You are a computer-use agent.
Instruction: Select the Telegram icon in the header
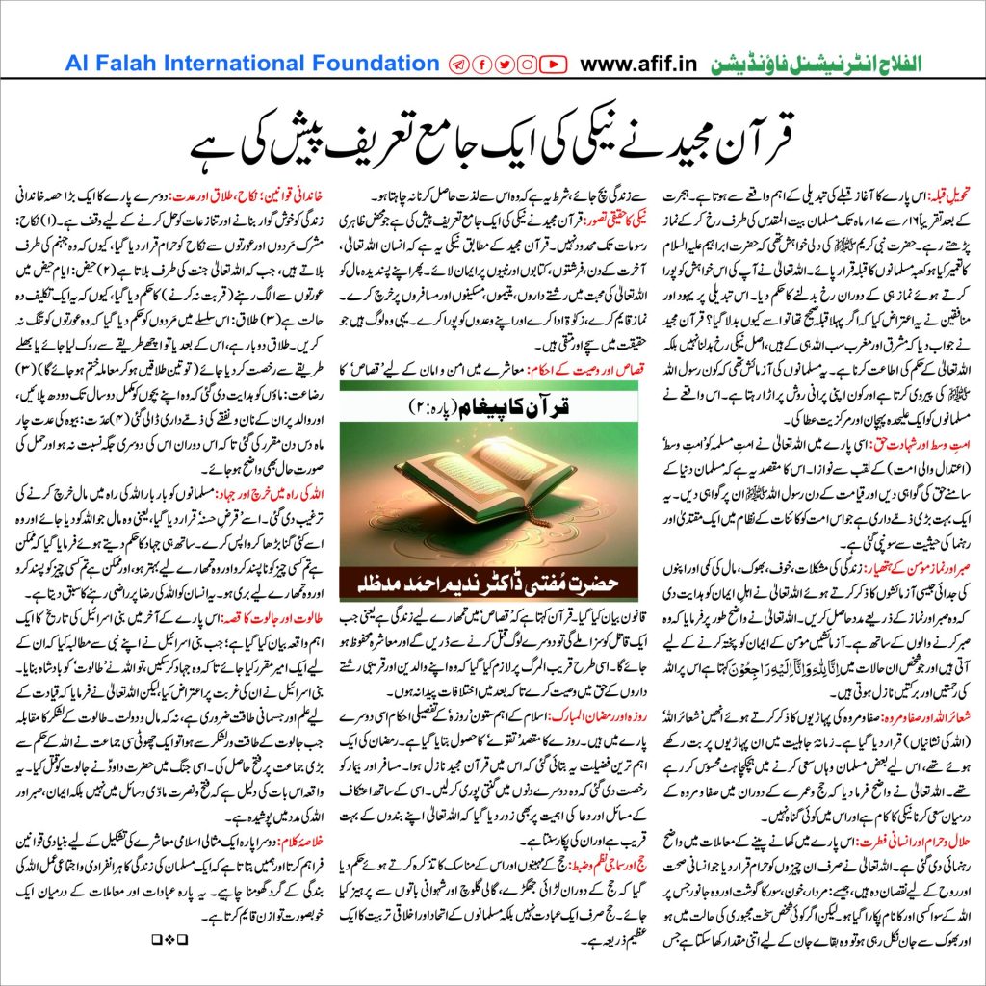[x=458, y=65]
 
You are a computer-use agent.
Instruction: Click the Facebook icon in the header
[x=480, y=65]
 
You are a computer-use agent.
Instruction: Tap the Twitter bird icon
[x=504, y=65]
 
